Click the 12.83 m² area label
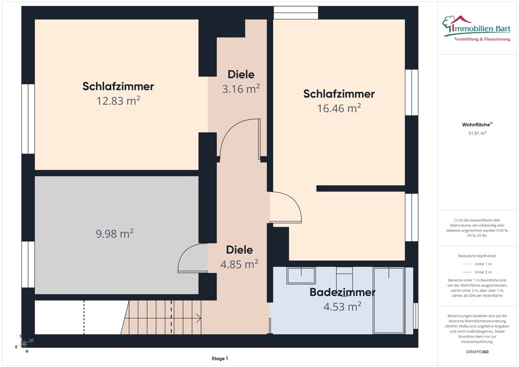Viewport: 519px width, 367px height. click(118, 101)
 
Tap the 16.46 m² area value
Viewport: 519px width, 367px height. click(339, 108)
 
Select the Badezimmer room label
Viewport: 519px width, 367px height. click(342, 292)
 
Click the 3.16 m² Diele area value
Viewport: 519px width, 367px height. click(241, 89)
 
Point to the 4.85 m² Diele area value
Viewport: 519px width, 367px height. click(239, 264)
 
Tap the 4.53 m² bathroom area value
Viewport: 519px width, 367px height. click(342, 307)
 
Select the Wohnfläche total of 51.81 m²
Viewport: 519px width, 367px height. click(477, 133)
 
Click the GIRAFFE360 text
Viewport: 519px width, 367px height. click(477, 351)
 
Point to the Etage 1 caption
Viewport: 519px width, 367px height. click(220, 359)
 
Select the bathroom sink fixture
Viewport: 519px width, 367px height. click(301, 275)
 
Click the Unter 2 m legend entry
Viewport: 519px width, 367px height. click(477, 272)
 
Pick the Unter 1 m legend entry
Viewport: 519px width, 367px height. click(477, 264)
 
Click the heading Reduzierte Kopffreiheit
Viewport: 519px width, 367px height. click(477, 256)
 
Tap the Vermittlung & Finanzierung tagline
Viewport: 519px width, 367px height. click(482, 39)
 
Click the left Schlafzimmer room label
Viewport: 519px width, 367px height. click(118, 86)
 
